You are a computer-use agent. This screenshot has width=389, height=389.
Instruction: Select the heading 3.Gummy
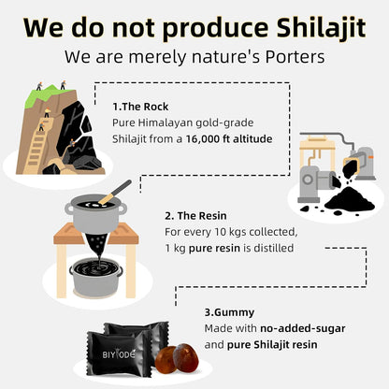(228, 312)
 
